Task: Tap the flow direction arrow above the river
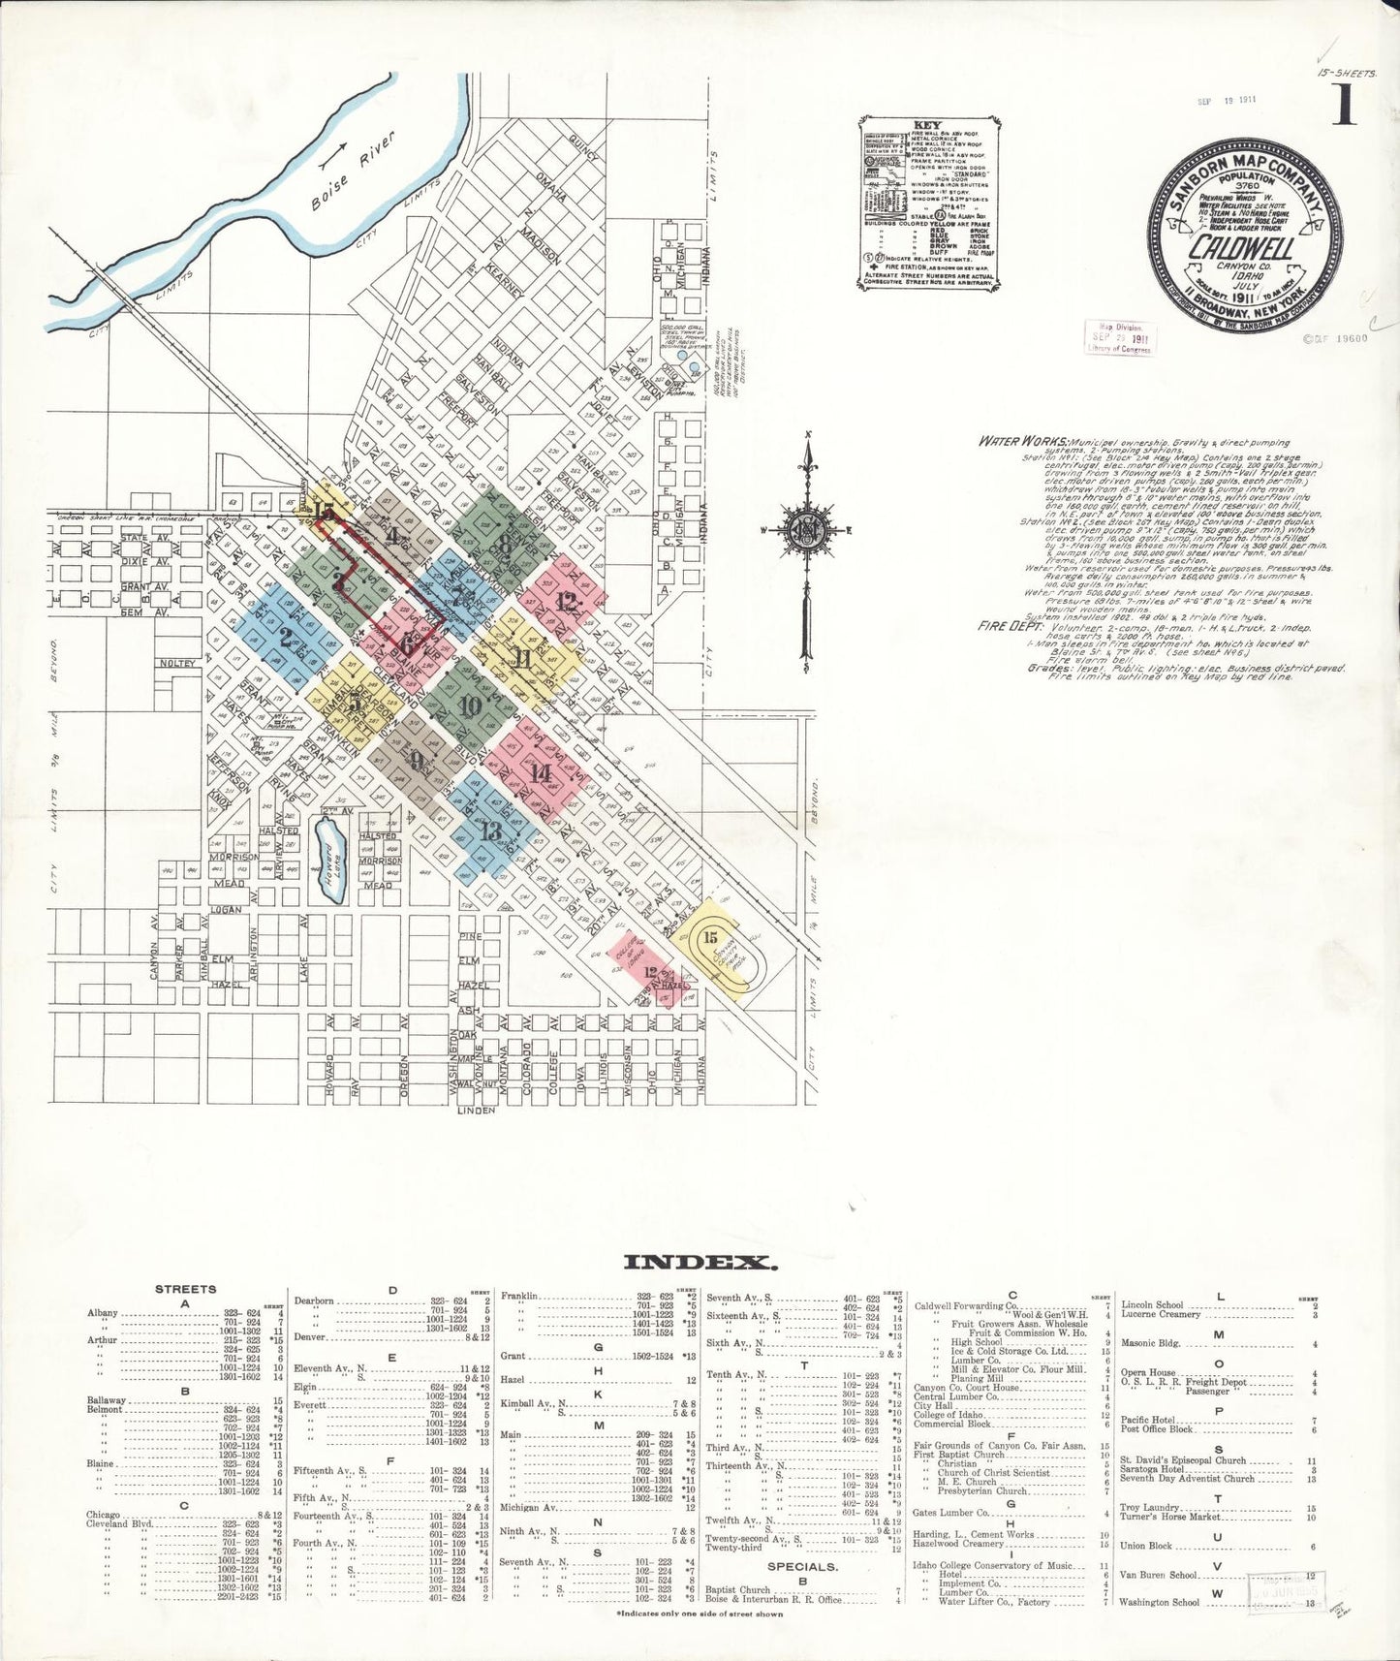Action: pyautogui.click(x=333, y=152)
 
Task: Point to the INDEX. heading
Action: pyautogui.click(x=700, y=1262)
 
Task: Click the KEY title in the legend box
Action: pyautogui.click(x=927, y=126)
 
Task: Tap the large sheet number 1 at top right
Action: pyautogui.click(x=1343, y=105)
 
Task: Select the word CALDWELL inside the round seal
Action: pyautogui.click(x=1242, y=248)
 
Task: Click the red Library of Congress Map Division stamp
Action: pyautogui.click(x=1118, y=338)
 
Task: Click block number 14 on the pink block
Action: pyautogui.click(x=541, y=772)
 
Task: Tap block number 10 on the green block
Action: pyautogui.click(x=471, y=706)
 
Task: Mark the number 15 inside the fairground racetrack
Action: pyautogui.click(x=710, y=937)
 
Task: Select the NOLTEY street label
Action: pyautogui.click(x=179, y=663)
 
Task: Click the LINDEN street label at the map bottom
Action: pyautogui.click(x=477, y=1110)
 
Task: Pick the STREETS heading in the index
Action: pyautogui.click(x=185, y=1289)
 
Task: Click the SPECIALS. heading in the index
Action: pyautogui.click(x=802, y=1566)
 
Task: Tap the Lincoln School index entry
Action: pyautogui.click(x=1152, y=1305)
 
